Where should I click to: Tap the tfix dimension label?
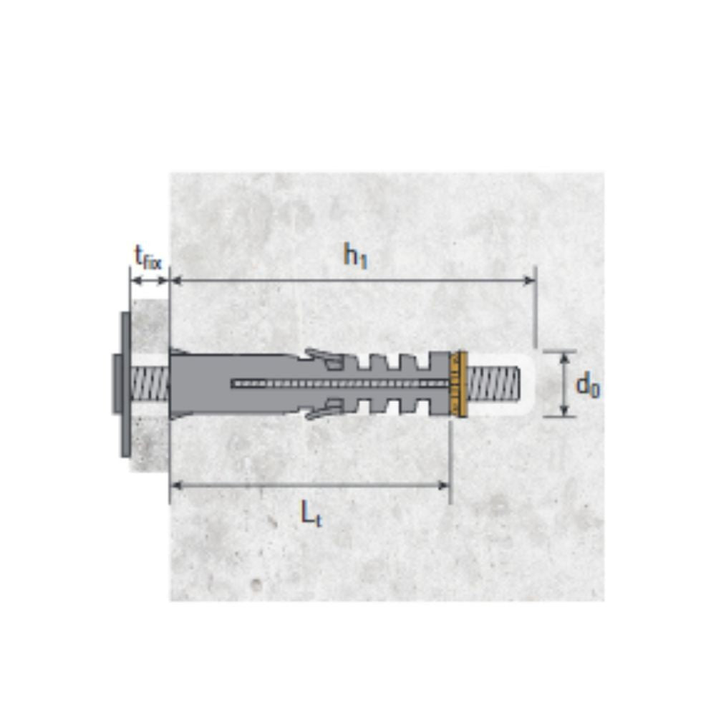click(147, 258)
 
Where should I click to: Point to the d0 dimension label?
click(588, 385)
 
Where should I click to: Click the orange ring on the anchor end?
click(458, 384)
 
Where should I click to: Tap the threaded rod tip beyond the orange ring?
click(493, 384)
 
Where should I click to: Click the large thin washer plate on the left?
click(125, 384)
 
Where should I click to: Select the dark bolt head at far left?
click(116, 384)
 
